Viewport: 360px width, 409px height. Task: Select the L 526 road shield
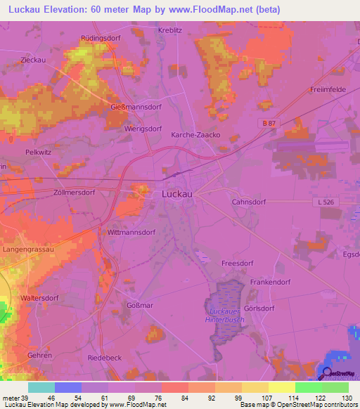pos(324,201)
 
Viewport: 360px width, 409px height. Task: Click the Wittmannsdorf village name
pos(131,231)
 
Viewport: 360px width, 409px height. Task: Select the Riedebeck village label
pos(104,358)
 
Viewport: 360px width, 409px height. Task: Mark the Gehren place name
pos(39,356)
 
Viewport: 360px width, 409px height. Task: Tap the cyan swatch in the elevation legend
pos(41,387)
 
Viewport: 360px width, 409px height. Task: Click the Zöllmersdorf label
pos(74,192)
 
